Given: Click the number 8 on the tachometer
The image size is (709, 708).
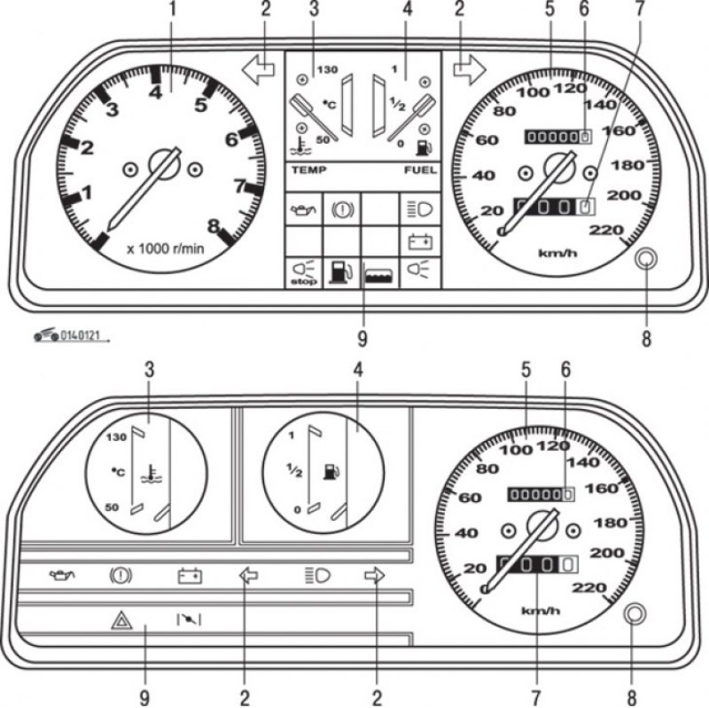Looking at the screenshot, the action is coord(214,225).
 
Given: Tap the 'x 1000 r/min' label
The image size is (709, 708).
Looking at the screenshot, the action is coord(166,248).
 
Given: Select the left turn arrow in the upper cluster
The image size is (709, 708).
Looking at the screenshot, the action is coord(258,70).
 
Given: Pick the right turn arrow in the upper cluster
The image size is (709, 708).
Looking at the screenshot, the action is coord(470,70).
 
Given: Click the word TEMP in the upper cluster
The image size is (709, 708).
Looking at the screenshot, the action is coord(308,169).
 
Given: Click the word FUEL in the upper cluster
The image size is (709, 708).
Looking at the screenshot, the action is coord(420,169).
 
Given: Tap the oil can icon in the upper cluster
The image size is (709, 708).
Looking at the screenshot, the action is coord(303,209).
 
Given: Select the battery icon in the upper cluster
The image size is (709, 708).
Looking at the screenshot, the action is coord(420,242).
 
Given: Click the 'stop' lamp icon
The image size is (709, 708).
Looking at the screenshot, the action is coord(303,272).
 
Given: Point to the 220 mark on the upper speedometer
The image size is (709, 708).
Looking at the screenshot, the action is coord(606,230).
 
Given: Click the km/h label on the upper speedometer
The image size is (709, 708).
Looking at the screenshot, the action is coord(557,253).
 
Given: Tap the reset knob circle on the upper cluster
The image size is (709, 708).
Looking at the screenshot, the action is coord(646,259).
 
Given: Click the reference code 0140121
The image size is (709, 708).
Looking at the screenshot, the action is coord(80,335).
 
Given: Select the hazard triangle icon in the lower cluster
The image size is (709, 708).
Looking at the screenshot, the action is coord(121,620).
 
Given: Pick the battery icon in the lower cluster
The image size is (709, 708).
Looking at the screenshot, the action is coord(190,577).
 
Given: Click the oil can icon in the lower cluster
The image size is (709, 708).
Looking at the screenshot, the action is coord(62,576).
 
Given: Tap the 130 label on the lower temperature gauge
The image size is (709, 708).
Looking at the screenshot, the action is coord(116,437).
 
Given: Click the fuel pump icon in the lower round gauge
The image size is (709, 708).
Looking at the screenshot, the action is coord(331,471).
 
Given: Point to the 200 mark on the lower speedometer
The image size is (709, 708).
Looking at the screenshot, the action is coord(607,553).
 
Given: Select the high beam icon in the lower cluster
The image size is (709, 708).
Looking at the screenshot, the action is coord(317,576).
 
